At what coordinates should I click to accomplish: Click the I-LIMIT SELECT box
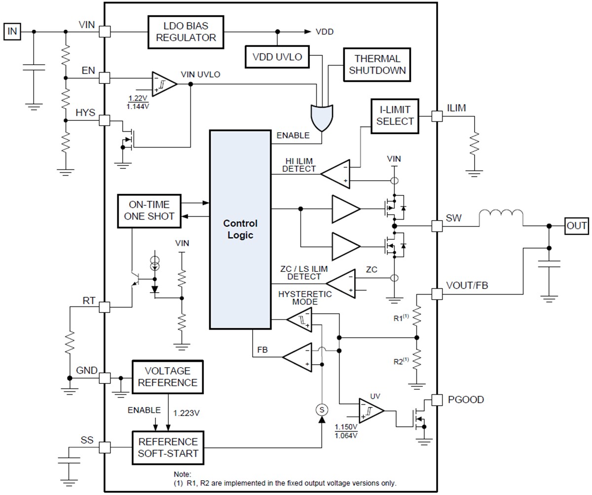(x=394, y=116)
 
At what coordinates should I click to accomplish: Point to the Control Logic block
(x=240, y=229)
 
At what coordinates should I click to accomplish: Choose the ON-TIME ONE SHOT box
(x=149, y=211)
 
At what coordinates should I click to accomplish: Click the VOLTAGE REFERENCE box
(x=168, y=377)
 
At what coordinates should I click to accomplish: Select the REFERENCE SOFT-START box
(x=168, y=448)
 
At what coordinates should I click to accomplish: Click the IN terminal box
(x=12, y=32)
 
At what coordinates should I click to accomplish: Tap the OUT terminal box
(x=577, y=226)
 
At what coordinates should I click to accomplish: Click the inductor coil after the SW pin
(x=501, y=218)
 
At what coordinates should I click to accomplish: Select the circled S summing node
(x=322, y=409)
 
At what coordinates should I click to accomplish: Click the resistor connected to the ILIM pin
(x=475, y=145)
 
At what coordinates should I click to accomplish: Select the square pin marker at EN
(x=105, y=77)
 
